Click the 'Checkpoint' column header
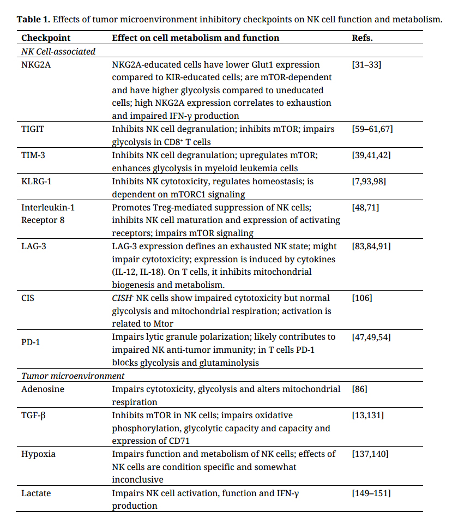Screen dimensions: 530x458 coord(46,38)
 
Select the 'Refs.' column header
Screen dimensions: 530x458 coord(363,38)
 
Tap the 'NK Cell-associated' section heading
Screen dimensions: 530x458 coord(58,51)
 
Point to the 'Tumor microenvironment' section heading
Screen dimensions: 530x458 coord(73,376)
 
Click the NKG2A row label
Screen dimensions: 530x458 coord(36,65)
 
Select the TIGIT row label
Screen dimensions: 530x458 coord(33,129)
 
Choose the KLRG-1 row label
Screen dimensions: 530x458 coord(36,182)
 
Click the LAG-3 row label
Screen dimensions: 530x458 coord(33,246)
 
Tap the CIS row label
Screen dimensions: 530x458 coord(28,298)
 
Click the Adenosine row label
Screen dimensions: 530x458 coord(43,389)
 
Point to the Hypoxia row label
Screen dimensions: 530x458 coord(38,454)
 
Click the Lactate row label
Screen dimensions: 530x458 coord(36,493)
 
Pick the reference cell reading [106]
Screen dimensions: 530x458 coord(364,298)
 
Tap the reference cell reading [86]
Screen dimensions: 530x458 coord(360,389)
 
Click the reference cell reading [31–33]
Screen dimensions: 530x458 coord(367,65)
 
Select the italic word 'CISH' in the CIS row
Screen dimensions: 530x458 coord(122,298)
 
